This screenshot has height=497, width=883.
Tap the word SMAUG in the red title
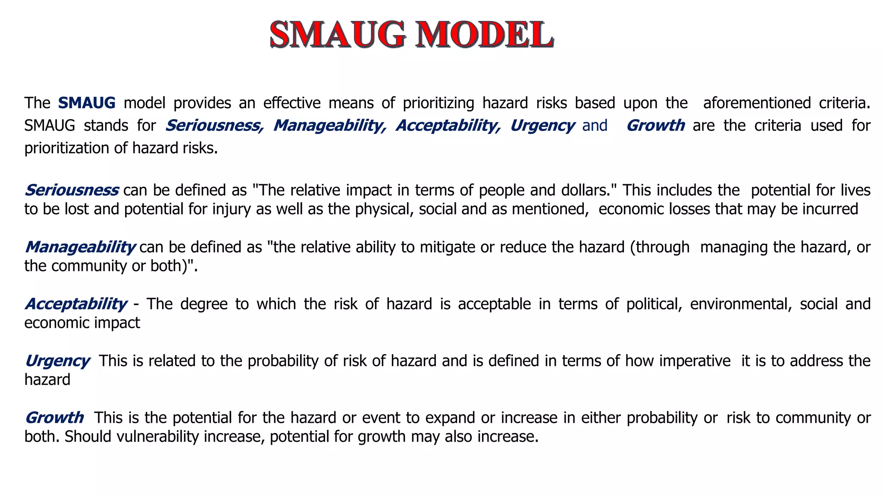pos(338,35)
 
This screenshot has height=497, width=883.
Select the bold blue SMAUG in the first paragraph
pos(87,103)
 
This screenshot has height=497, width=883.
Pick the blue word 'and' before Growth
pos(595,126)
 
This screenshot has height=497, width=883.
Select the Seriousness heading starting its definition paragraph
pos(72,190)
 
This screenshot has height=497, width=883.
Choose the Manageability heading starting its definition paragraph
pos(80,247)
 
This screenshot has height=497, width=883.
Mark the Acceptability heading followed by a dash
pos(76,304)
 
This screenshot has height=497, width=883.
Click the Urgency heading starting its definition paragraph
pos(57,361)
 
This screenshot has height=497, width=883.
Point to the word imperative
pos(695,361)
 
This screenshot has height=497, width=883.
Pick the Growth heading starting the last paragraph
pos(54,418)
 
